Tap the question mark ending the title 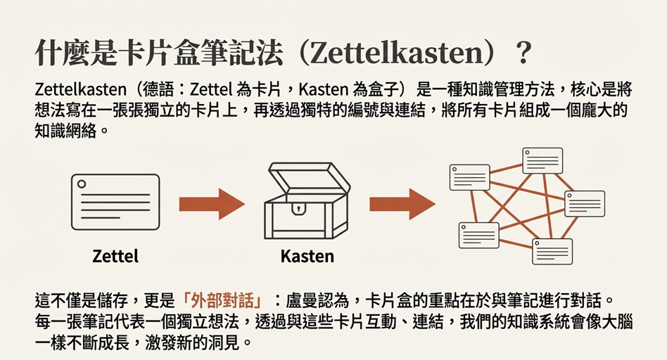click(x=525, y=53)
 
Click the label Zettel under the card click(x=115, y=257)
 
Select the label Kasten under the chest click(x=307, y=257)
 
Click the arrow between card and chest click(x=212, y=204)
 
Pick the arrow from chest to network click(x=402, y=204)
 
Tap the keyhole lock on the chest click(x=298, y=209)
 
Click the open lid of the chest click(x=310, y=178)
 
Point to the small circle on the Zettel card click(x=82, y=184)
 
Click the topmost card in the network click(x=542, y=160)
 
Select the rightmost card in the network click(x=585, y=204)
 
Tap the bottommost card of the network click(x=552, y=251)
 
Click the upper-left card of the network click(x=469, y=177)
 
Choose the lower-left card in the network click(x=479, y=236)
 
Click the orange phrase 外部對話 click(x=222, y=300)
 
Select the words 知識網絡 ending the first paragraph click(x=66, y=131)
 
